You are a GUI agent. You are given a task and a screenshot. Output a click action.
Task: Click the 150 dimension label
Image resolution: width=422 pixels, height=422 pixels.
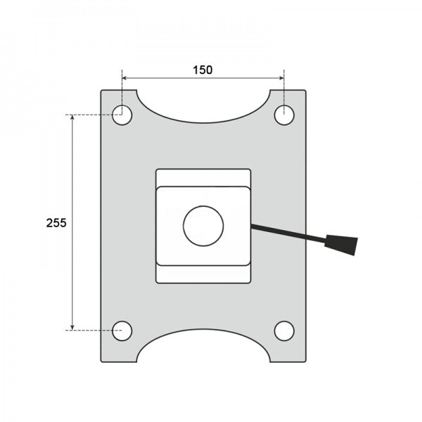[x=203, y=70]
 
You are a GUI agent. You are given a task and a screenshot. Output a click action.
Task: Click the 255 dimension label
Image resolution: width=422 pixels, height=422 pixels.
[x=56, y=223]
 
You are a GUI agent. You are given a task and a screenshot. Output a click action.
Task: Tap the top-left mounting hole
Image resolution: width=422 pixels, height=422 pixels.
[x=122, y=115]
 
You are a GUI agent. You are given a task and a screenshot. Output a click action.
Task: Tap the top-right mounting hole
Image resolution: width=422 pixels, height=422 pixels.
[x=284, y=115]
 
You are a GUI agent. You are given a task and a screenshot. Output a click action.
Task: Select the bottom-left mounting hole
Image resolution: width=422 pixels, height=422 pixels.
[x=122, y=331]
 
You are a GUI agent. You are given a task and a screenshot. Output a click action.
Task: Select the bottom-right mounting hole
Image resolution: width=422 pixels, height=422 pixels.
[x=284, y=331]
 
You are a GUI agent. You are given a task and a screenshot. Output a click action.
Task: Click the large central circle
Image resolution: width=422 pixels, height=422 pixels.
[x=203, y=226]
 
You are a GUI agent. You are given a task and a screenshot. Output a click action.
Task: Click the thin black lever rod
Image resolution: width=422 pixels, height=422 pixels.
[x=288, y=234]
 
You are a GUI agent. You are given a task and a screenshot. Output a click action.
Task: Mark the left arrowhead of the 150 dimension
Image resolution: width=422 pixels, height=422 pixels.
[x=124, y=78]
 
